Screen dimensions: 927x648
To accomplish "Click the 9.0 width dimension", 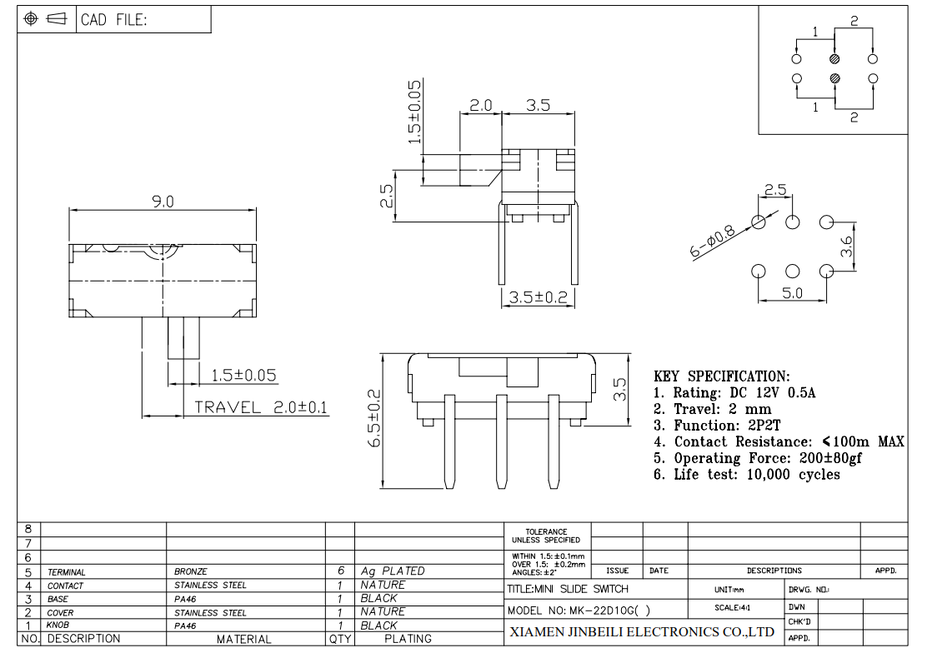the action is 163,202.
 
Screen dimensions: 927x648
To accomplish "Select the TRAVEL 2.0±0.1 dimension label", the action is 261,407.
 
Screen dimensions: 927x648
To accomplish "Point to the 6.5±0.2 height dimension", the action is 374,418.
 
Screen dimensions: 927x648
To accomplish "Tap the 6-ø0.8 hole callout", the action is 713,242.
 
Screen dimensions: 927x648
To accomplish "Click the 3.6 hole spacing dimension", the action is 847,246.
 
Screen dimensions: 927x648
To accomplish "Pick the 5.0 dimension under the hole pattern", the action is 792,293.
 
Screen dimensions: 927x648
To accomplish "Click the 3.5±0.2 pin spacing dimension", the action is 538,297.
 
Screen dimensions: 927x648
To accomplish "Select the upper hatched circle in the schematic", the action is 834,59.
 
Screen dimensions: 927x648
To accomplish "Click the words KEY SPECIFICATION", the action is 721,376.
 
